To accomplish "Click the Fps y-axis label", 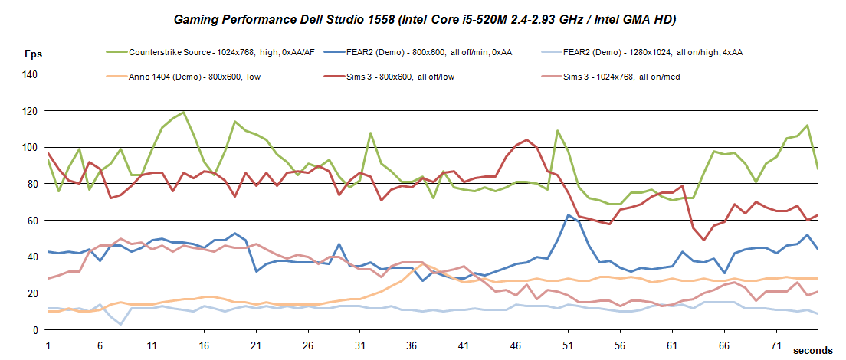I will [x=34, y=54].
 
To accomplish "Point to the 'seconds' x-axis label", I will [x=812, y=350].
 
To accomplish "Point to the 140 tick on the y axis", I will [x=30, y=75].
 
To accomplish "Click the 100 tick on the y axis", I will [x=30, y=148].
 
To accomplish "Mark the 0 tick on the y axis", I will [x=35, y=330].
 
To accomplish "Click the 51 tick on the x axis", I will [x=568, y=345].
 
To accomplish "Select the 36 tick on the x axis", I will [x=412, y=345].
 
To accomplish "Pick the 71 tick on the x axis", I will [x=776, y=345].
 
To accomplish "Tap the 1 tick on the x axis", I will [x=48, y=345].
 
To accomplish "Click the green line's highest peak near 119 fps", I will [x=183, y=113].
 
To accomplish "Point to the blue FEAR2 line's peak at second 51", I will [x=568, y=215].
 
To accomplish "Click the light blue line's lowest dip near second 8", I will [x=121, y=324].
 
